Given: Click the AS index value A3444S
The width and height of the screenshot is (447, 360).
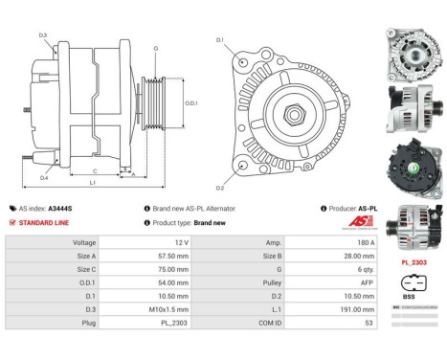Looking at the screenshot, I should click(61, 208).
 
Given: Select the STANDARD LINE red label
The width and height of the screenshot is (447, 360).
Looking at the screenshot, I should click(44, 221).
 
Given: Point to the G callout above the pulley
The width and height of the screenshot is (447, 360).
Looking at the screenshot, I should click(155, 49).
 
